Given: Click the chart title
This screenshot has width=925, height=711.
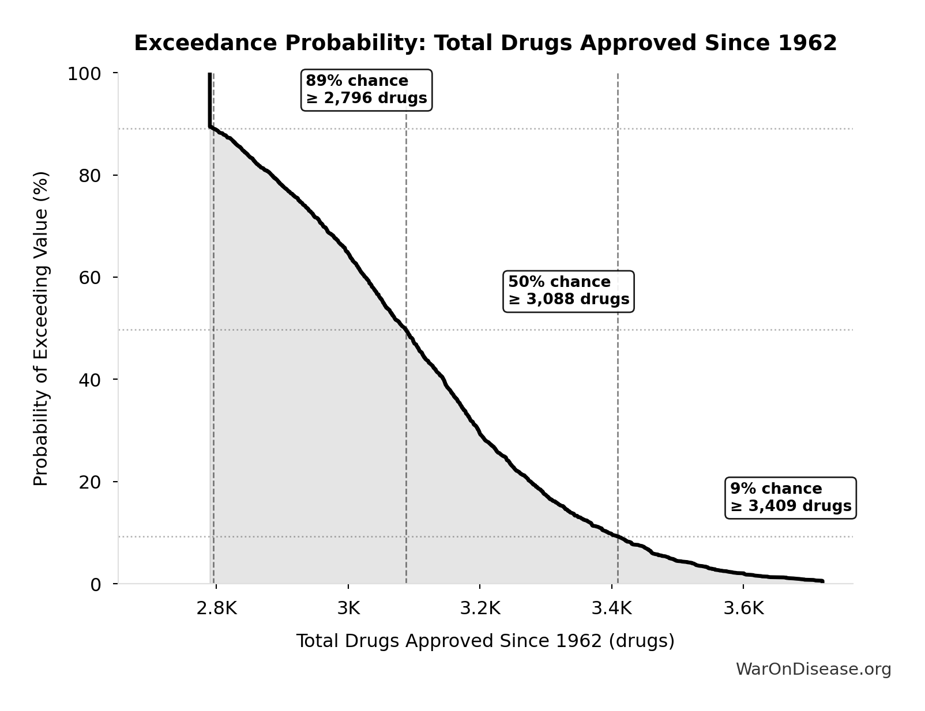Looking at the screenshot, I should [485, 43].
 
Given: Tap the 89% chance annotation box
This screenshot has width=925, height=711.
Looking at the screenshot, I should [366, 90].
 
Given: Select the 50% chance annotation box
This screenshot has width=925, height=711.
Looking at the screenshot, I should [568, 291].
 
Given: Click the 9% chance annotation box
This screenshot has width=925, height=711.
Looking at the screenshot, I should [790, 498].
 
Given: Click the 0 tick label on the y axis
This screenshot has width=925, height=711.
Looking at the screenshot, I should [95, 584].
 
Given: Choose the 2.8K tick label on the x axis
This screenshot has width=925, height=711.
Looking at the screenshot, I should [216, 608].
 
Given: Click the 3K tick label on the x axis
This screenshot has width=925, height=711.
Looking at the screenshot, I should [348, 608].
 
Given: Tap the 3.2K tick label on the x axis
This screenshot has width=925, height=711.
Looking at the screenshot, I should [480, 608].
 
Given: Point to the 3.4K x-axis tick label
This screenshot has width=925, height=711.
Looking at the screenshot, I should [612, 608].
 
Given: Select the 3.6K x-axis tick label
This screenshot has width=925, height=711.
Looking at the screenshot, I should [743, 608].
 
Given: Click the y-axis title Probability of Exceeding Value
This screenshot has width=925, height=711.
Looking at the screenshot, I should [41, 328].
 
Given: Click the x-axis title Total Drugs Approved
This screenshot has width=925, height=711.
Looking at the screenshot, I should [485, 641].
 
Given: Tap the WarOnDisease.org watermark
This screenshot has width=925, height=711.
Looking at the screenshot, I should [813, 669].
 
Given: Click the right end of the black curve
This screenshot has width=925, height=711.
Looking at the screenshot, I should [822, 581].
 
